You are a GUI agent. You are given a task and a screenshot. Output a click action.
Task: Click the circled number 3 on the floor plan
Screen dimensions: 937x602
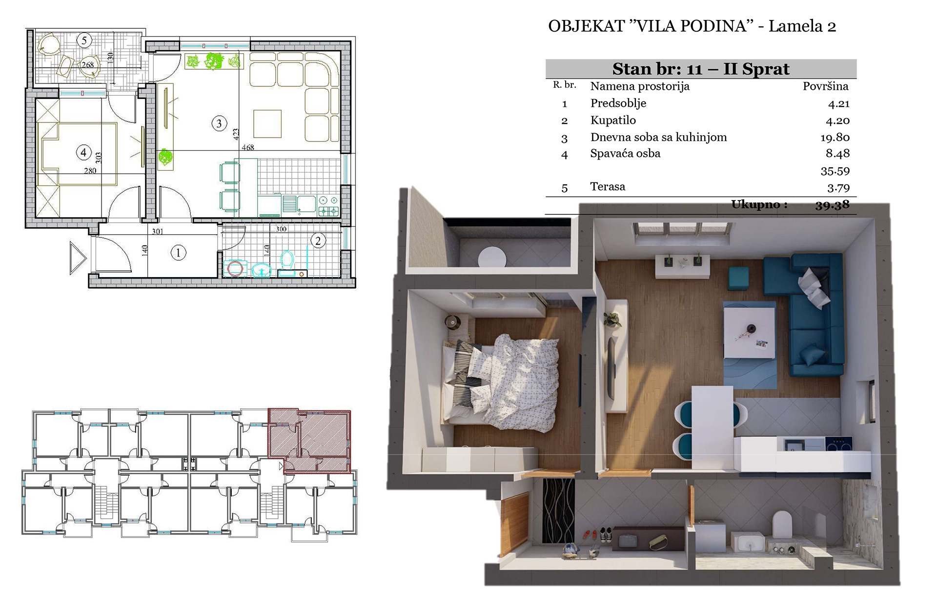pyautogui.click(x=219, y=123)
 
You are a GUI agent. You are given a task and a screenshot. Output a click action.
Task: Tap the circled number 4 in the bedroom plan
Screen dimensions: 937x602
pyautogui.click(x=83, y=153)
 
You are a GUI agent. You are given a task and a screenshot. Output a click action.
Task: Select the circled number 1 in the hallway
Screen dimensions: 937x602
pyautogui.click(x=178, y=253)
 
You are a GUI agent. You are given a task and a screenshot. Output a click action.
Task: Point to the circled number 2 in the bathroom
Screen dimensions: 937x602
pyautogui.click(x=318, y=241)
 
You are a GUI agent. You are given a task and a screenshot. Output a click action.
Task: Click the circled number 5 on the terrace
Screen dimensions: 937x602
pyautogui.click(x=84, y=40)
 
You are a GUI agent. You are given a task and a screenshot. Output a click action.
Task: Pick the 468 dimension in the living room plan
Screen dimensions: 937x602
pyautogui.click(x=248, y=147)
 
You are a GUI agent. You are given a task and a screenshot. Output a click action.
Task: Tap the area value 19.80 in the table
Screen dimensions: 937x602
pyautogui.click(x=835, y=138)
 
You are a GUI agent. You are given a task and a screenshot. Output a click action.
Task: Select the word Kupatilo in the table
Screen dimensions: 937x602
pyautogui.click(x=613, y=120)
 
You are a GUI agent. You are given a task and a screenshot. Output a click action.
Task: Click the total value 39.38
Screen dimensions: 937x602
pyautogui.click(x=832, y=205)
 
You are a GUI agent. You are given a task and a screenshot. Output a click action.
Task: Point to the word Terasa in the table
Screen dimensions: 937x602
pyautogui.click(x=608, y=186)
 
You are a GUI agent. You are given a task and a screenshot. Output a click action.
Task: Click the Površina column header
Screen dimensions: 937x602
pyautogui.click(x=826, y=86)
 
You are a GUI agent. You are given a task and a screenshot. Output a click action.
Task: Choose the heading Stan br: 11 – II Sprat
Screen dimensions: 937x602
pyautogui.click(x=701, y=69)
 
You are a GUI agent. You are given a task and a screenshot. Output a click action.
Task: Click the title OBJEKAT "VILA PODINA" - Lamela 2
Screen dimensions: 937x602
pyautogui.click(x=692, y=26)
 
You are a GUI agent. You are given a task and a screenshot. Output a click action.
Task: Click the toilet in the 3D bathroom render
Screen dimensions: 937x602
pyautogui.click(x=782, y=524)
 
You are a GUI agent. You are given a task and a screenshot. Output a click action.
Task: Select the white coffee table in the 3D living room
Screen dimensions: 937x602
pyautogui.click(x=749, y=330)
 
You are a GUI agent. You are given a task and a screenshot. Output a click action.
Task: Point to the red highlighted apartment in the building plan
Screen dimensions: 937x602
pyautogui.click(x=309, y=441)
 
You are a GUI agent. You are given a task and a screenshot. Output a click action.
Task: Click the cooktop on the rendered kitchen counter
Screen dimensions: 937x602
pyautogui.click(x=838, y=444)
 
